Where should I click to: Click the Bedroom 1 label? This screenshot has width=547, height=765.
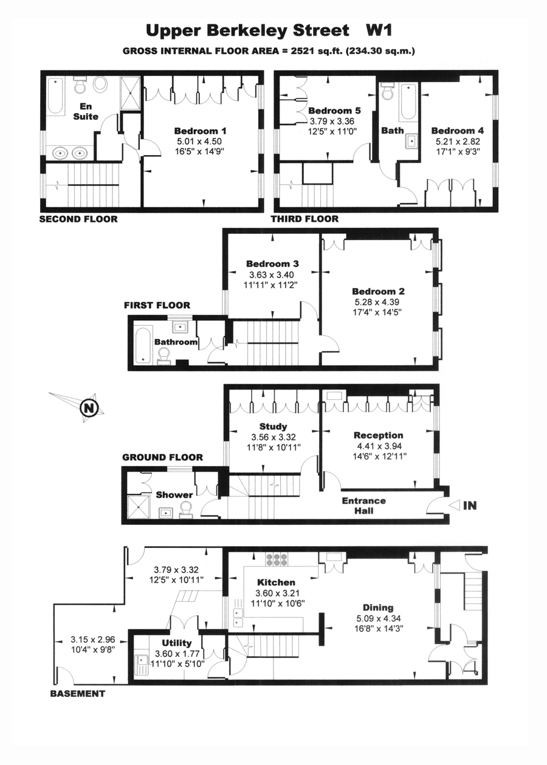click(x=200, y=131)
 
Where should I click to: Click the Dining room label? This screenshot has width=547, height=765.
click(x=378, y=607)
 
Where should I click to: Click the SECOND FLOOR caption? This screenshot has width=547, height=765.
click(x=78, y=219)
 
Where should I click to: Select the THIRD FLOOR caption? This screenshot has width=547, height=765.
click(x=304, y=219)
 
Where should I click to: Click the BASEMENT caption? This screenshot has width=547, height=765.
click(x=77, y=693)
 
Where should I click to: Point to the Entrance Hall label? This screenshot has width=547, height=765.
click(x=364, y=506)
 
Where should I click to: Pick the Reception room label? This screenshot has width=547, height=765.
click(x=378, y=435)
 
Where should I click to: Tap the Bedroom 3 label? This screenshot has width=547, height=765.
click(x=272, y=264)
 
